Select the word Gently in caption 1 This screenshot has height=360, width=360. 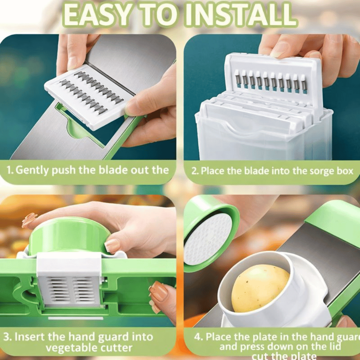(33, 170)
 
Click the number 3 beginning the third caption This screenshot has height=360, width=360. (7, 336)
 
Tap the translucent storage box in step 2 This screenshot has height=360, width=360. (264, 137)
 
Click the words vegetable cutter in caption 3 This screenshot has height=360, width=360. (89, 348)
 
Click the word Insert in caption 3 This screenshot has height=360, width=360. (30, 336)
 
